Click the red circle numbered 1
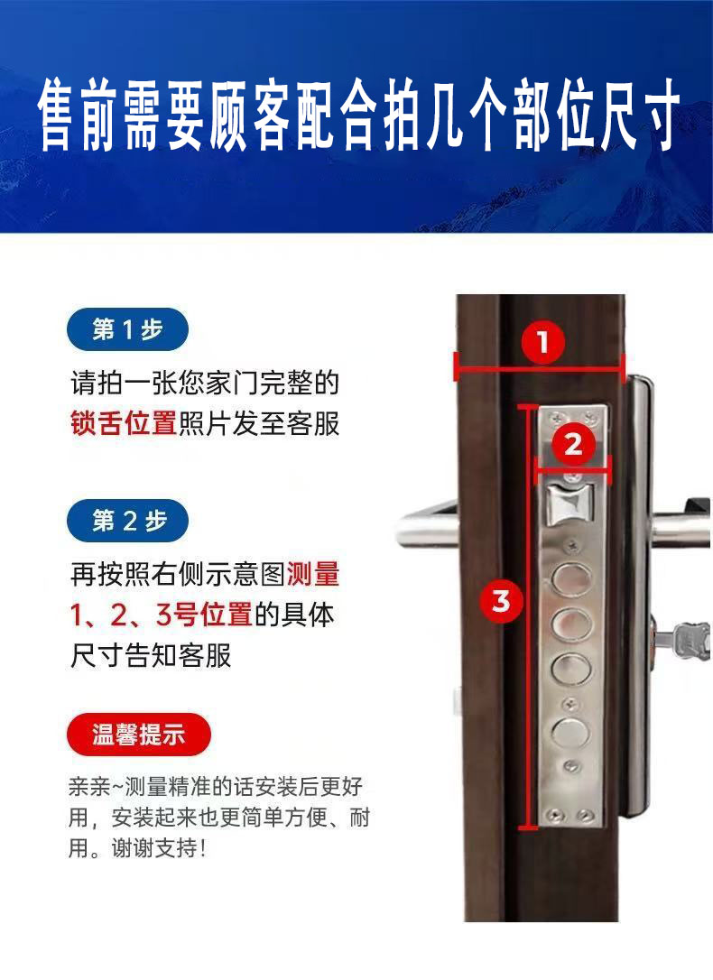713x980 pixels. (x=542, y=342)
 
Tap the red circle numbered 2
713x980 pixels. (x=573, y=444)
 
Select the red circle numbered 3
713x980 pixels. (x=501, y=601)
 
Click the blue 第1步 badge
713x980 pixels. (x=127, y=328)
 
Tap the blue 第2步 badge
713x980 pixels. (x=127, y=521)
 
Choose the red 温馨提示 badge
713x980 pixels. (x=139, y=735)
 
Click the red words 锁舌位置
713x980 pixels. (x=124, y=423)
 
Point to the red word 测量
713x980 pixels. (x=313, y=573)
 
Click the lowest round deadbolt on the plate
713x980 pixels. (x=569, y=732)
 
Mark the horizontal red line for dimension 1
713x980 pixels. (x=540, y=371)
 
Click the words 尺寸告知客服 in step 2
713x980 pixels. (x=151, y=654)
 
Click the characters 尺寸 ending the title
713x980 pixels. (x=640, y=115)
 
